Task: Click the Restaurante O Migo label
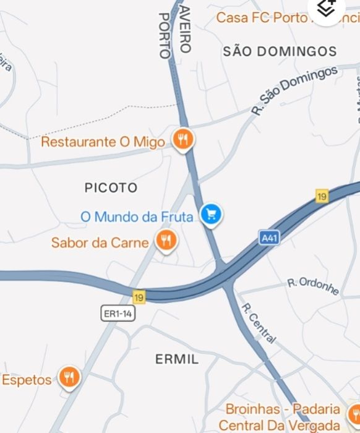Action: pos(103,142)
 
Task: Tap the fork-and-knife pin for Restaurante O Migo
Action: pos(182,140)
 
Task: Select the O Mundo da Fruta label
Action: pos(137,217)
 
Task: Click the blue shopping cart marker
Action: pos(212,215)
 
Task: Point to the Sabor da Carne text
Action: pos(100,242)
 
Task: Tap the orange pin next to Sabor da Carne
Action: pos(166,240)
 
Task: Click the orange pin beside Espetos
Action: pos(69,377)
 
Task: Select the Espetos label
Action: pos(27,379)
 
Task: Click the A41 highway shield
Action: pos(267,238)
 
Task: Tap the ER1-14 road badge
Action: pos(118,314)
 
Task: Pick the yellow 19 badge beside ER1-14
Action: pos(139,298)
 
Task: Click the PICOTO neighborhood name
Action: pos(111,187)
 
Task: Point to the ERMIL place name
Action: pos(177,359)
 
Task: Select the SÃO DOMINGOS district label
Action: pos(280,51)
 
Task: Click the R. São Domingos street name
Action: pos(294,90)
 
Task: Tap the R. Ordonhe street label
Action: pos(314,286)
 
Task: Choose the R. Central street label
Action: pos(258,323)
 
